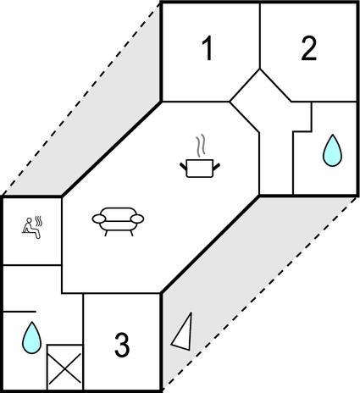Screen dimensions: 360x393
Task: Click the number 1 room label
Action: point(208,49)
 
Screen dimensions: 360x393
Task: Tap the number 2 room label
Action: point(308,49)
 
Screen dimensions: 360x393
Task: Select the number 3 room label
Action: point(122,345)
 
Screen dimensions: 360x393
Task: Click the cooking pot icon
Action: point(200,169)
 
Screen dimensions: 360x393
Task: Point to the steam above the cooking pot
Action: point(201,146)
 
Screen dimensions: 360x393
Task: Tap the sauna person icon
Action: point(30,228)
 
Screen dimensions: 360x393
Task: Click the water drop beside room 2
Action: point(332,151)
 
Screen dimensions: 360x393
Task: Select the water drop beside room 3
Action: point(31,338)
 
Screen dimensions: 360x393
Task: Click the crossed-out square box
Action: point(64,367)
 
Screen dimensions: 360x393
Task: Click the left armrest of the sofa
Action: point(99,219)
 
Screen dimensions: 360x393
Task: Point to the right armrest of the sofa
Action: point(137,219)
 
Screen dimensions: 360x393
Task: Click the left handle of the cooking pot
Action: point(184,167)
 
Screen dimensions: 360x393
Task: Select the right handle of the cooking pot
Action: point(216,167)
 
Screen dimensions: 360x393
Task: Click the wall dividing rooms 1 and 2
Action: point(260,36)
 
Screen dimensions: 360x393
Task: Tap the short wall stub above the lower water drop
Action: point(19,312)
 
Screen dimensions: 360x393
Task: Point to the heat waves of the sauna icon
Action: point(39,221)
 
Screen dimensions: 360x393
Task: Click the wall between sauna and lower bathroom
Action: point(32,265)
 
